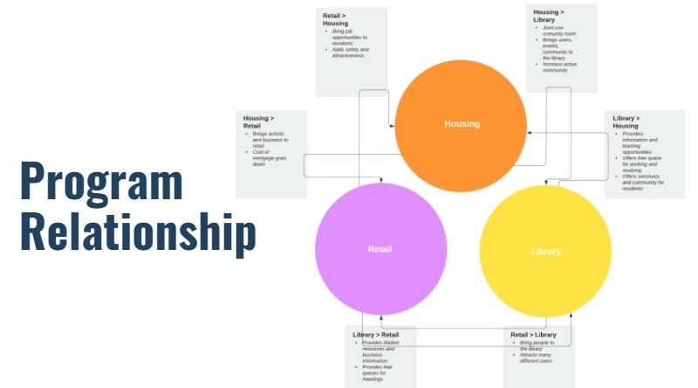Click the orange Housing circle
tap(461, 96)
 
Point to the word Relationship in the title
tap(138, 232)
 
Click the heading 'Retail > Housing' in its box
tap(341, 19)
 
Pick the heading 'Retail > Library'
tap(534, 335)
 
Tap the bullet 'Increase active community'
tap(558, 67)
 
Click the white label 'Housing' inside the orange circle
tap(462, 123)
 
